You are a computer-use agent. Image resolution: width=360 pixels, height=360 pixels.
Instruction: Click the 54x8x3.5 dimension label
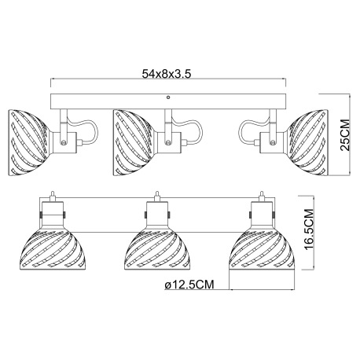(x=167, y=74)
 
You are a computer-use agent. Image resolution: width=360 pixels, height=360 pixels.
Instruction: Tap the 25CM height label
(x=345, y=135)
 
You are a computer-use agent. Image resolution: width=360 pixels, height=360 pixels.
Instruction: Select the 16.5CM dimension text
(x=309, y=230)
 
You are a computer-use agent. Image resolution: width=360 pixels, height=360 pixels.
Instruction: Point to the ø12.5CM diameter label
(x=189, y=285)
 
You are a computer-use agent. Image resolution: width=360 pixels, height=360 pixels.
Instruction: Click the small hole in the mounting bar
(x=168, y=97)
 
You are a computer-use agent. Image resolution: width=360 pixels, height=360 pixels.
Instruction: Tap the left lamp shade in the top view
(x=29, y=142)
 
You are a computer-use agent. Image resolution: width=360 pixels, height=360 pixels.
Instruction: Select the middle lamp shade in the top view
(x=133, y=142)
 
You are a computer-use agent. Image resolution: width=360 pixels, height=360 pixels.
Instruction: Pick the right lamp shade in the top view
(x=307, y=142)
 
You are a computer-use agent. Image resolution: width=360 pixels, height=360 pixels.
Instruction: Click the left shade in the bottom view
(x=53, y=250)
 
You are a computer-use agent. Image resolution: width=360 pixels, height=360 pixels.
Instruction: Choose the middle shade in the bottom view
(x=157, y=250)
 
